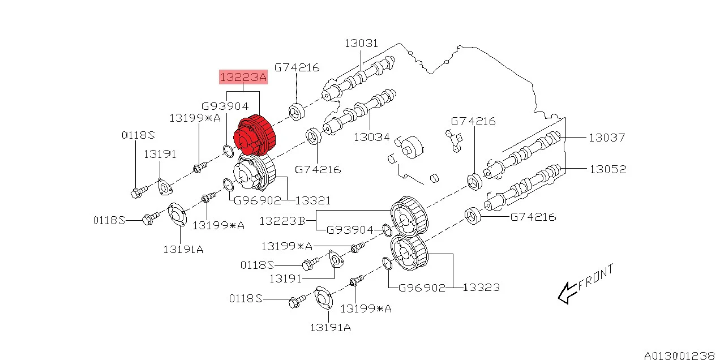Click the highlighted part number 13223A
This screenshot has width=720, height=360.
click(243, 78)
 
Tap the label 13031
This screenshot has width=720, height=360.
click(361, 44)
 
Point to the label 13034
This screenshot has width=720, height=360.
click(372, 137)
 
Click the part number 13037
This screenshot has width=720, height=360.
click(607, 137)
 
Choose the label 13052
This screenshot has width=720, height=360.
click(607, 169)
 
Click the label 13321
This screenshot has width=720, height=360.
click(313, 200)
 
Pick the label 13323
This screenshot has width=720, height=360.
click(481, 288)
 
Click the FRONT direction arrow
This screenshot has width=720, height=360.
click(566, 293)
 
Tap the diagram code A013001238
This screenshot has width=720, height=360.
click(679, 355)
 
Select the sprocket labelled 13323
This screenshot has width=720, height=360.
click(408, 255)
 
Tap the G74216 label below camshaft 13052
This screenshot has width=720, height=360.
click(533, 217)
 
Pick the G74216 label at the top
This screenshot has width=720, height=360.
click(297, 67)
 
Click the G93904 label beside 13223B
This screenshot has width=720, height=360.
click(350, 230)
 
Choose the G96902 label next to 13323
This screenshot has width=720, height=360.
click(422, 288)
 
